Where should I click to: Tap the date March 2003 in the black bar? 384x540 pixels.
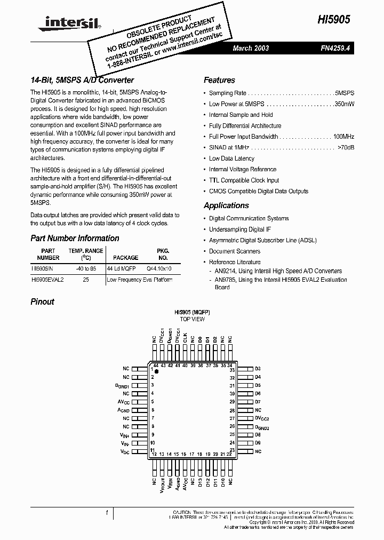coord(251,49)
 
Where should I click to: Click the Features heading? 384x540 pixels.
coord(219,80)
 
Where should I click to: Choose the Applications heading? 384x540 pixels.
coord(226,205)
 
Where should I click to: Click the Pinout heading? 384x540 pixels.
coord(42,301)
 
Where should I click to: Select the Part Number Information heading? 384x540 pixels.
coord(75,238)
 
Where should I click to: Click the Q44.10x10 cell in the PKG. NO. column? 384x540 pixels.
coord(159,268)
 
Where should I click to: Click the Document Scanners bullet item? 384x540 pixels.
coord(235,251)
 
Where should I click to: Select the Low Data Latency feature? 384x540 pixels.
coord(231,158)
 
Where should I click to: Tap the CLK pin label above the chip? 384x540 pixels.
coord(185,338)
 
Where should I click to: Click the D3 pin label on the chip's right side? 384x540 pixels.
coord(258,369)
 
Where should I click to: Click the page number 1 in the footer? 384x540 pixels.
coord(107,513)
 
